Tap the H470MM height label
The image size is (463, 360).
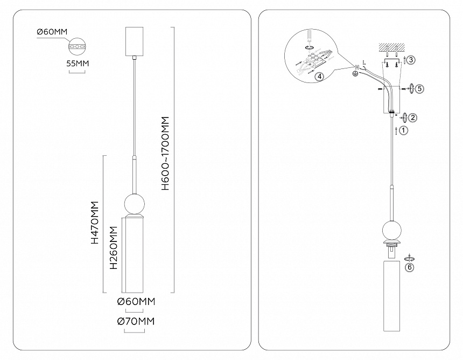(x=95, y=223)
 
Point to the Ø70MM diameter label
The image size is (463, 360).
(x=136, y=322)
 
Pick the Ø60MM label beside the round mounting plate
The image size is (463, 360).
(x=52, y=33)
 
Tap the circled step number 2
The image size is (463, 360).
(x=412, y=117)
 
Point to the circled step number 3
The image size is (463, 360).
(x=411, y=60)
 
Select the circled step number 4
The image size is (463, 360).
(x=319, y=77)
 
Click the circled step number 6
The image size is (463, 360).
(x=410, y=266)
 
